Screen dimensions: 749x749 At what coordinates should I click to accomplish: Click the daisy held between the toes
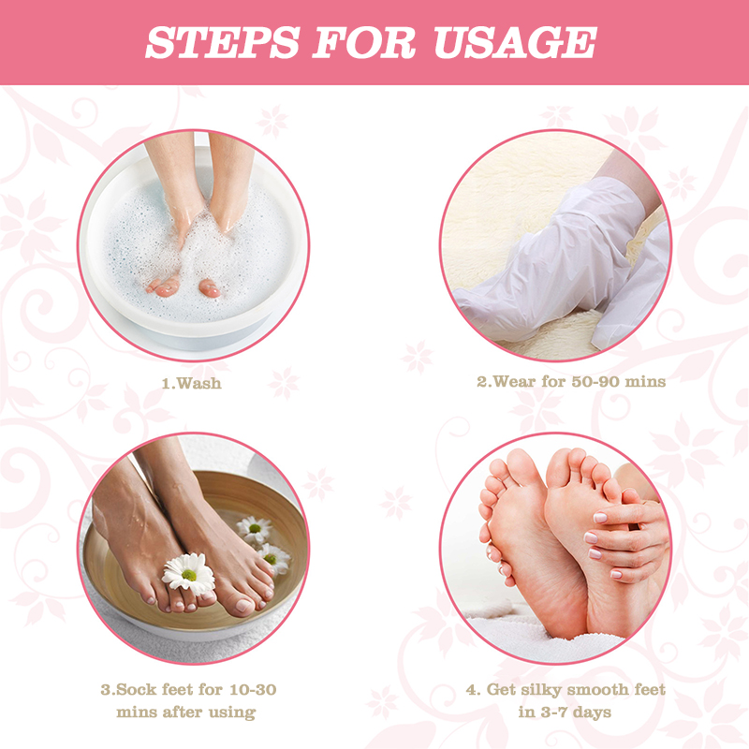click(187, 572)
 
